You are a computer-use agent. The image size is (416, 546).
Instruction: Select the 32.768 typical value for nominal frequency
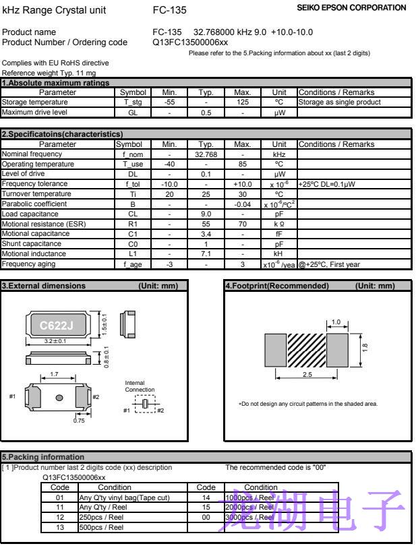(205, 154)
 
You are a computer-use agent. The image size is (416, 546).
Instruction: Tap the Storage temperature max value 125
(241, 102)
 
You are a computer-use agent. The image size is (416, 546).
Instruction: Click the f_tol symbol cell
(131, 184)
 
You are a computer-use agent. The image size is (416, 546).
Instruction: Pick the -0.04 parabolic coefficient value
(241, 204)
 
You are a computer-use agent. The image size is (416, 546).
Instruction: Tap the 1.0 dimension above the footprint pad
(336, 322)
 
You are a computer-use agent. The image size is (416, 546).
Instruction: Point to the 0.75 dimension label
(80, 421)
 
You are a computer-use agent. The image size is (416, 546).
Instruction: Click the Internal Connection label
(140, 386)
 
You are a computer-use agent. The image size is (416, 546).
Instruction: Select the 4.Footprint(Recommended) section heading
(276, 286)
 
